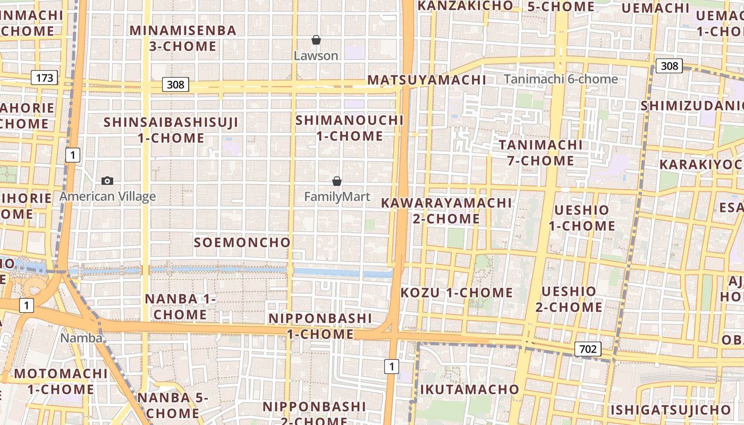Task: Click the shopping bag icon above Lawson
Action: [x=316, y=40]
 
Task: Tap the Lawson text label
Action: [x=316, y=56]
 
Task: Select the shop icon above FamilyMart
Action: [x=336, y=181]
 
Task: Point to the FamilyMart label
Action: [x=337, y=197]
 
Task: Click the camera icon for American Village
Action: [x=107, y=181]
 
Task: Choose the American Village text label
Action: [x=107, y=197]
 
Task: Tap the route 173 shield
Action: [x=45, y=78]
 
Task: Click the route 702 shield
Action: [x=588, y=349]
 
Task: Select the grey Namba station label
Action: [x=81, y=338]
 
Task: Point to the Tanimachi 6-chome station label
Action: [x=561, y=79]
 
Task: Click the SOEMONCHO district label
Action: [x=242, y=243]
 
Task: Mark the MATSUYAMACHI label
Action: [x=427, y=80]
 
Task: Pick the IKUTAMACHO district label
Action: [x=469, y=389]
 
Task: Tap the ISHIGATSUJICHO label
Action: [x=670, y=410]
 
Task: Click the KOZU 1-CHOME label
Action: [x=456, y=293]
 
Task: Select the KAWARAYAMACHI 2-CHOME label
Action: [x=446, y=210]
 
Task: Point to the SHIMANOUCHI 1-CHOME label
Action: [x=350, y=128]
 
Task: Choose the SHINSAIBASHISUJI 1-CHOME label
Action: [x=171, y=130]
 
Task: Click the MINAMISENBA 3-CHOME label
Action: [x=183, y=38]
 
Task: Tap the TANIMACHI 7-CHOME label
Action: [x=540, y=152]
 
